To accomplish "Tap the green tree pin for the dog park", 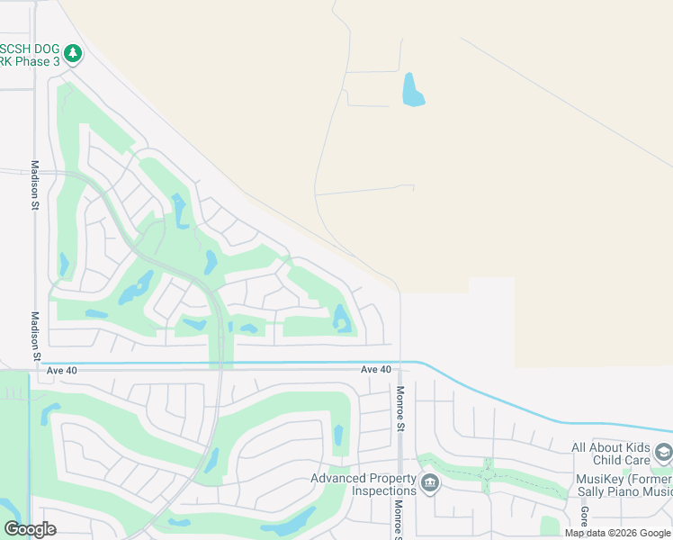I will pyautogui.click(x=74, y=54).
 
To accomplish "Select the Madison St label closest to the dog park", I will pyautogui.click(x=35, y=185).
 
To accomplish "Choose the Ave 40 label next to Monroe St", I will pyautogui.click(x=376, y=370).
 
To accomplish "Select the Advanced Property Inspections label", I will pyautogui.click(x=364, y=484).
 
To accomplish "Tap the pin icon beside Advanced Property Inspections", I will pyautogui.click(x=430, y=484).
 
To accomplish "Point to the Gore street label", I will pyautogui.click(x=584, y=517).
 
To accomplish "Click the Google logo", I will pyautogui.click(x=30, y=529).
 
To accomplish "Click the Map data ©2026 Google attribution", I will pyautogui.click(x=617, y=534).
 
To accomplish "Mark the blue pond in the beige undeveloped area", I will pyautogui.click(x=413, y=89).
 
